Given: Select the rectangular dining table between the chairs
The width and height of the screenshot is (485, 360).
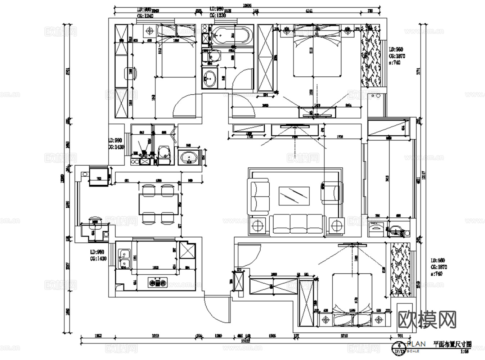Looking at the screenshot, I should pyautogui.click(x=158, y=204).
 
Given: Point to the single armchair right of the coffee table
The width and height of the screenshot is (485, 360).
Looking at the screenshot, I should pyautogui.click(x=331, y=191).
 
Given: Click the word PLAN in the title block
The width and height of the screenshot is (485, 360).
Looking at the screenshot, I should pyautogui.click(x=417, y=344).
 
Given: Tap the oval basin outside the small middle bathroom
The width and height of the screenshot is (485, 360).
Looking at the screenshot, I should pyautogui.click(x=188, y=157).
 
